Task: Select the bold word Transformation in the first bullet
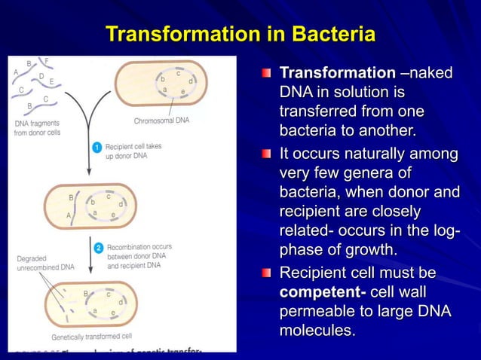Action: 337,74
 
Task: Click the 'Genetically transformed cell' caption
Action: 91,337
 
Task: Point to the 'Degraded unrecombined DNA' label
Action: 45,262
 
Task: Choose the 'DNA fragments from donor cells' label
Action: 37,127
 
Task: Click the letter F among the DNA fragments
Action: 47,60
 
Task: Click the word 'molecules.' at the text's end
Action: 317,331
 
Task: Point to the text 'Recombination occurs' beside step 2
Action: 139,246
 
